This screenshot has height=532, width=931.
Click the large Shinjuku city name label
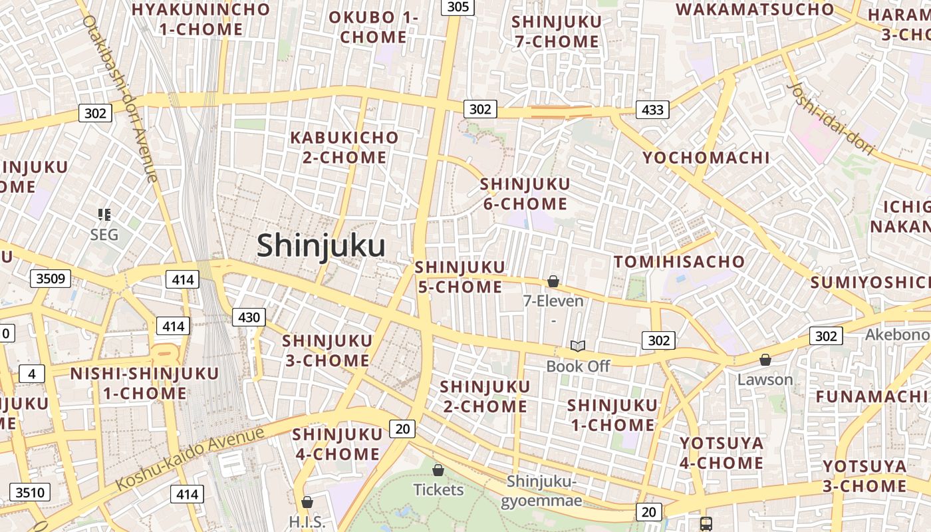point(321,245)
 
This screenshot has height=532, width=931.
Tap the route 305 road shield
point(458,7)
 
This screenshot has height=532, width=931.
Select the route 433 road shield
point(652,110)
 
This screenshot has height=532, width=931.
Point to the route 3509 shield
point(51,278)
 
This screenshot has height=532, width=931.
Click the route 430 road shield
point(249,317)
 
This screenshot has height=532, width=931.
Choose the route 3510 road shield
point(30,492)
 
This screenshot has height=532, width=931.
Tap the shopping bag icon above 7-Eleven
point(553,282)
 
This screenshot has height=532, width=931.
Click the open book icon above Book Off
point(578,346)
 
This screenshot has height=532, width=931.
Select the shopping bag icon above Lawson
point(765,360)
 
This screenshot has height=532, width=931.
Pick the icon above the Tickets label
point(438,471)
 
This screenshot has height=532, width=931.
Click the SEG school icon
point(104,214)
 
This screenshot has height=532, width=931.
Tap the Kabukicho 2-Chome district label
point(344,148)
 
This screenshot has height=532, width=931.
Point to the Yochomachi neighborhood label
point(706,158)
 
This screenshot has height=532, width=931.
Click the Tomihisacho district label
point(679,261)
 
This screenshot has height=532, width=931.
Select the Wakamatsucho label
point(755,9)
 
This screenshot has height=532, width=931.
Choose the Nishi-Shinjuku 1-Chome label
point(144,383)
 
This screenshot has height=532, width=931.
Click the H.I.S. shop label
point(307,521)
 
